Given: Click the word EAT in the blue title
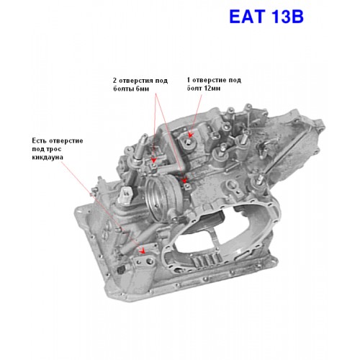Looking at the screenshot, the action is coord(247,17).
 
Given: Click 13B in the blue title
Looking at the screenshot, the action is coord(287,17).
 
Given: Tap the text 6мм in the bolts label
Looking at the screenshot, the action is coord(143,89).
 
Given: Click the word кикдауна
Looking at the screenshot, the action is coord(48,158).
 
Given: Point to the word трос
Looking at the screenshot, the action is coord(54,149).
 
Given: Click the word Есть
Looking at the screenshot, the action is coord(40,140).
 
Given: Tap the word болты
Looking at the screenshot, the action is coord(124,89).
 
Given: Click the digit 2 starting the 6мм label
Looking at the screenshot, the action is coord(115,81).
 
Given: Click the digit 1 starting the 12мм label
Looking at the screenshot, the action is coord(189,80).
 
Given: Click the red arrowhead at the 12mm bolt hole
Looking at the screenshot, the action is coord(190,135).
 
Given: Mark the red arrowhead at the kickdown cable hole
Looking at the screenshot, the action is coord(143,251).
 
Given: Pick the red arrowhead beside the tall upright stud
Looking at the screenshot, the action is coord(154,160).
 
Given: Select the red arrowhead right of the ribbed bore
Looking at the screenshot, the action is coord(184,180).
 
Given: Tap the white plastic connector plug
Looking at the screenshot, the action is coord(125,194).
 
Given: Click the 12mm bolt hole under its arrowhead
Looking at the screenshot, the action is coord(189,143).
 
